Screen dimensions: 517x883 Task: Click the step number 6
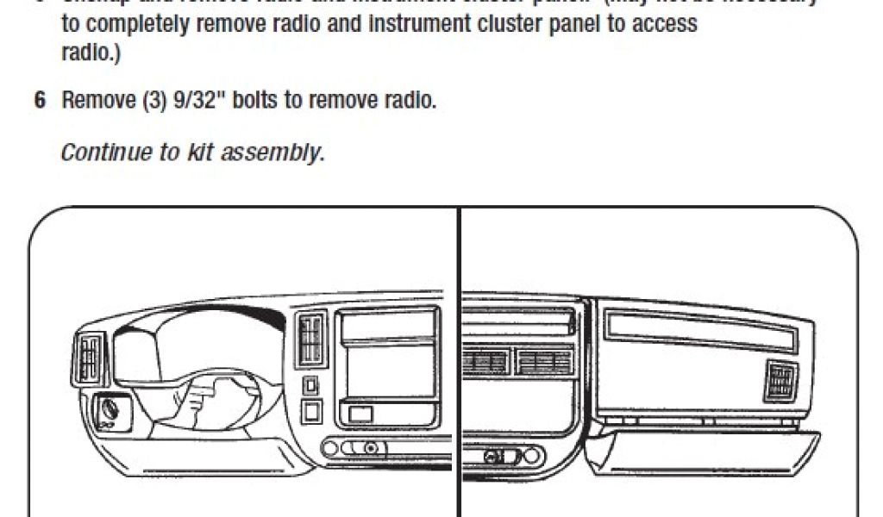[x=40, y=100]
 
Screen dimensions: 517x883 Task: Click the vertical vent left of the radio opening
[x=312, y=339]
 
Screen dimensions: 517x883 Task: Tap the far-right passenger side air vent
[x=780, y=382]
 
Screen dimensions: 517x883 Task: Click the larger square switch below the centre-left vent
[x=311, y=411]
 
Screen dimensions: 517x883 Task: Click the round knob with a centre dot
[x=370, y=448]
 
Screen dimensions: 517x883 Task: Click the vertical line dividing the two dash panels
[x=459, y=362]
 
